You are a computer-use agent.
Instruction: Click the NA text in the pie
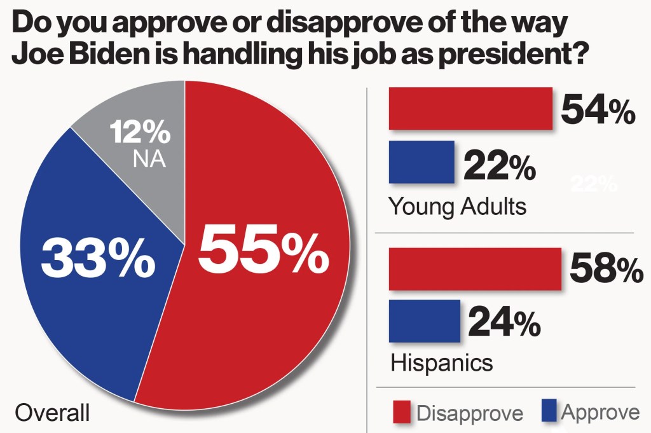pyautogui.click(x=149, y=159)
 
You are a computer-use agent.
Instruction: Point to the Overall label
pyautogui.click(x=52, y=413)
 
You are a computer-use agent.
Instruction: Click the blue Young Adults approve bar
pyautogui.click(x=421, y=162)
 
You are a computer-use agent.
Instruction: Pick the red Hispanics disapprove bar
pyautogui.click(x=474, y=268)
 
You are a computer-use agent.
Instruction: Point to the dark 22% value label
pyautogui.click(x=499, y=167)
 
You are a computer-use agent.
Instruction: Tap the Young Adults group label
pyautogui.click(x=457, y=206)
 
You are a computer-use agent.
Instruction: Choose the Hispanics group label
pyautogui.click(x=441, y=362)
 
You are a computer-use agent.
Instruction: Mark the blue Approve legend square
pyautogui.click(x=549, y=411)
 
